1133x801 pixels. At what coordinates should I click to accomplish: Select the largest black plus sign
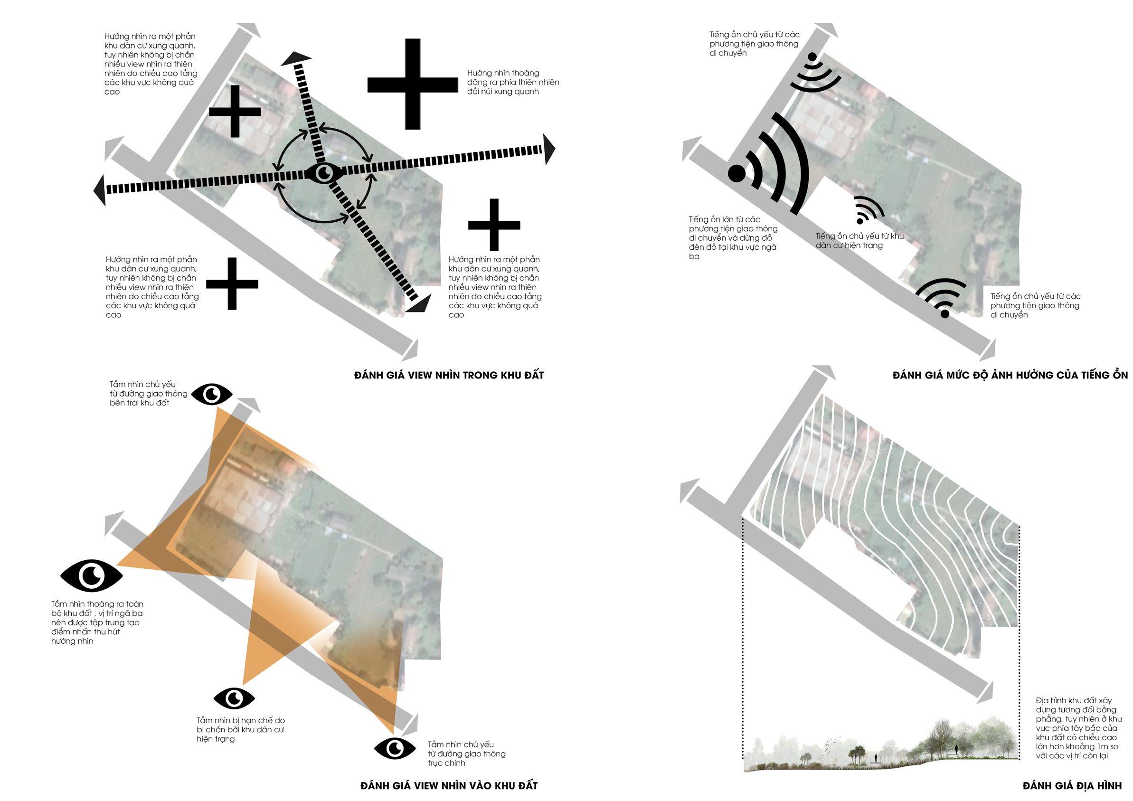(413, 85)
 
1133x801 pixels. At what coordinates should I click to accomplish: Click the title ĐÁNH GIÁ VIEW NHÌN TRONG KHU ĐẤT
(449, 375)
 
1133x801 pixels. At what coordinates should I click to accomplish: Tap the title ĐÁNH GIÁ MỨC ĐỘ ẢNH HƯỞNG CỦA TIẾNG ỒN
(1010, 375)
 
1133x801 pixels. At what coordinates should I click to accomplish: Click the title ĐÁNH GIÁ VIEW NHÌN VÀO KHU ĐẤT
(449, 786)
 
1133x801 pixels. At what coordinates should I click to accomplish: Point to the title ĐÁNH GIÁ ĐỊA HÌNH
(1071, 786)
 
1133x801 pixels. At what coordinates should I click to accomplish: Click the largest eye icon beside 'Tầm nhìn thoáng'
(92, 575)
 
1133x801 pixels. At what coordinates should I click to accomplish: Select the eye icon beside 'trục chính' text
(395, 748)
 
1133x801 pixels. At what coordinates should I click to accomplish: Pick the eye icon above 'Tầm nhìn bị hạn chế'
(235, 698)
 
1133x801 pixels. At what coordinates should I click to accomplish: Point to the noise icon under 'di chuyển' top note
(814, 74)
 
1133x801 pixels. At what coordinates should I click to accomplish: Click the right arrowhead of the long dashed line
(549, 149)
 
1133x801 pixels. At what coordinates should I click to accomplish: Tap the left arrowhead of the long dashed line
(100, 190)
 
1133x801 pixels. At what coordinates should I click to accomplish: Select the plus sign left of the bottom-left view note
(232, 284)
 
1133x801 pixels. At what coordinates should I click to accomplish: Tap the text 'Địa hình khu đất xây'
(1074, 700)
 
